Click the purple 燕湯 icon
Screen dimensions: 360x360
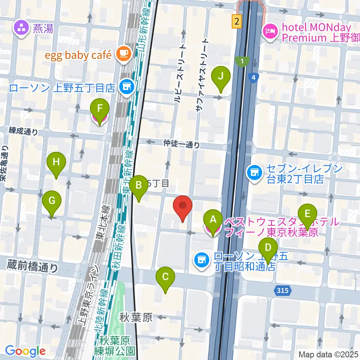[x=21, y=28]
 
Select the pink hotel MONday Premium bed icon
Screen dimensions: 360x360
[x=270, y=30]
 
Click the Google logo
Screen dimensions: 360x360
[x=25, y=351]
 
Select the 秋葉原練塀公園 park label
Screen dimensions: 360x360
[x=117, y=346]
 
